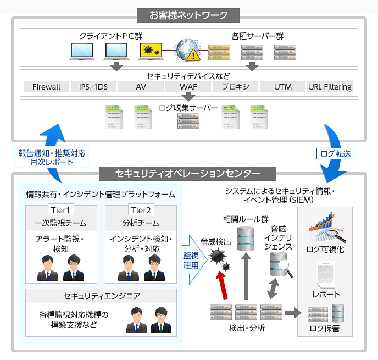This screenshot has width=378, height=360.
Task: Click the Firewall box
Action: tap(46, 87)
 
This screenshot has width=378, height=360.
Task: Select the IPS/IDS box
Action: tap(93, 87)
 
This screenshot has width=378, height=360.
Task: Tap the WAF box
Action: tap(188, 87)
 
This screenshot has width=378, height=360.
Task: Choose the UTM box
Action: tap(283, 87)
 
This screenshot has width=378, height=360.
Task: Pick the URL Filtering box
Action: tap(330, 87)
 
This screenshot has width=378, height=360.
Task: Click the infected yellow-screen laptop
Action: tap(151, 52)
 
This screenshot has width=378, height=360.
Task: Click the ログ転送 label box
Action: tap(336, 154)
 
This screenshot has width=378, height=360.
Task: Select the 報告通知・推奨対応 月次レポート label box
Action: tap(52, 157)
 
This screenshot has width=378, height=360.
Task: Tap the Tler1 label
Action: tap(60, 210)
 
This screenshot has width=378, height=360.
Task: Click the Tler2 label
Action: tap(141, 210)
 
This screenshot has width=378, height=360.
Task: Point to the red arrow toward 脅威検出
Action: tap(223, 285)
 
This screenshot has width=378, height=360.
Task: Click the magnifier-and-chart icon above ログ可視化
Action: tap(327, 227)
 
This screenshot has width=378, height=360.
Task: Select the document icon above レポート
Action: tap(326, 275)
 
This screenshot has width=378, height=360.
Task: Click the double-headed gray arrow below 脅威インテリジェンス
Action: tap(273, 289)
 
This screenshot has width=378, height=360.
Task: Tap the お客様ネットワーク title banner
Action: tap(188, 15)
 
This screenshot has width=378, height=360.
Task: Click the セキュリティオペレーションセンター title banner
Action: tap(187, 173)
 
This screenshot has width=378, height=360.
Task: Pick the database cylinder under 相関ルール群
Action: tap(246, 239)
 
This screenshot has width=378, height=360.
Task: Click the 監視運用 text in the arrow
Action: tap(191, 261)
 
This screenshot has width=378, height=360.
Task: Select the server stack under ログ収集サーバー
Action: tap(188, 121)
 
